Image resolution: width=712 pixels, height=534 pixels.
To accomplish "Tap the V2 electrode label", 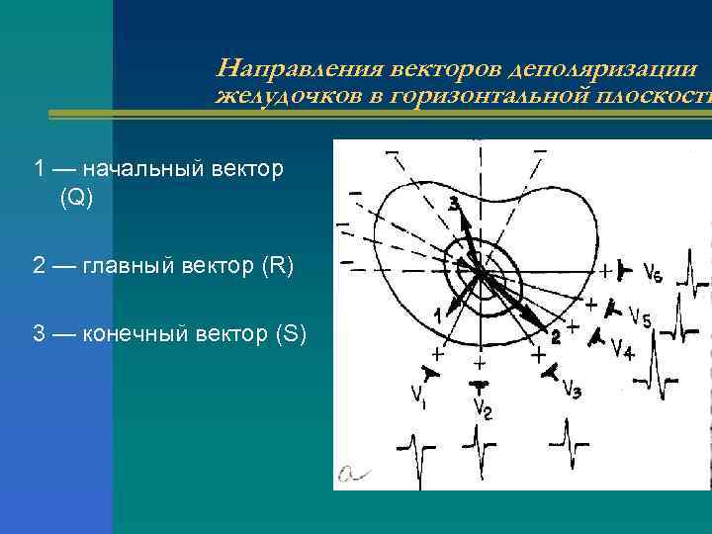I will tap(482, 406).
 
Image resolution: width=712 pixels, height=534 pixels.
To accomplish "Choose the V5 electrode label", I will tap(640, 317).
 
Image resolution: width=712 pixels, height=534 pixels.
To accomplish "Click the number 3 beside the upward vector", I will tap(454, 204).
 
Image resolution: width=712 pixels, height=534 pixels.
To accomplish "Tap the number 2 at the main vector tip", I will tap(555, 336).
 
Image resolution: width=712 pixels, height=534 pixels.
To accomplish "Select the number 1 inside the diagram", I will tap(437, 314).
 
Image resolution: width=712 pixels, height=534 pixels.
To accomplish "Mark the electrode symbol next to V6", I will tap(623, 269).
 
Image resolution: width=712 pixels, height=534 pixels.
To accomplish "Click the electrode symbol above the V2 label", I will tap(479, 381).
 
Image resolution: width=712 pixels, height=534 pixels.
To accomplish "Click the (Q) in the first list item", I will tap(76, 198).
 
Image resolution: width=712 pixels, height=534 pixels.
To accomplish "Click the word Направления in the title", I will tap(297, 69).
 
